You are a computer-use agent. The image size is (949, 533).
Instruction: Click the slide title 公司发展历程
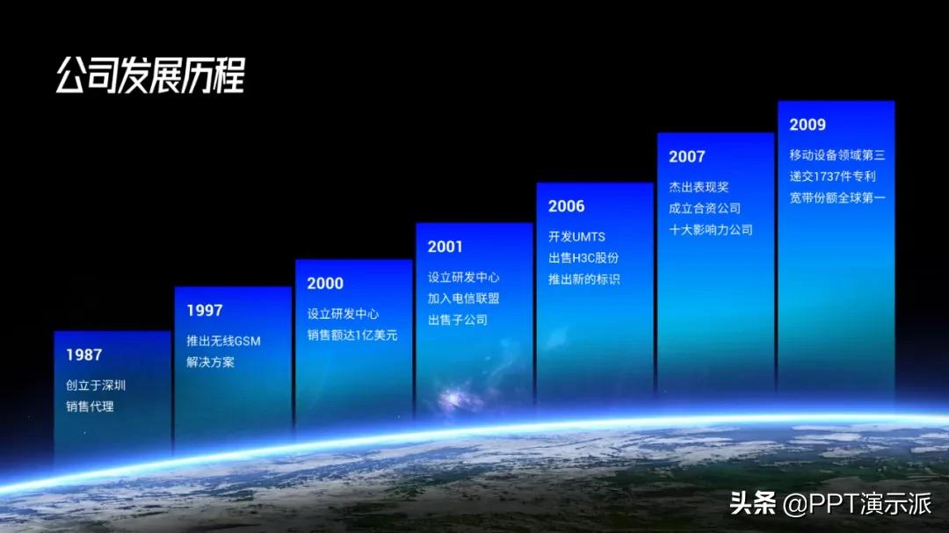[150, 76]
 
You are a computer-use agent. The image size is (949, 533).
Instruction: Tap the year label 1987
[84, 355]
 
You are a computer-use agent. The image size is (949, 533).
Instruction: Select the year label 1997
[205, 310]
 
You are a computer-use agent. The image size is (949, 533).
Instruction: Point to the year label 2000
[325, 283]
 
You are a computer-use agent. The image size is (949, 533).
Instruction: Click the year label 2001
[445, 247]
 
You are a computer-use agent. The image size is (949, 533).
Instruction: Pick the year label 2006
[567, 206]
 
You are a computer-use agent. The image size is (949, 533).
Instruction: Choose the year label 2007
[687, 156]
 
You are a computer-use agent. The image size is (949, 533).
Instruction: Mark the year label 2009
[808, 125]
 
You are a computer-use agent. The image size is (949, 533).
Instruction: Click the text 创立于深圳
[96, 385]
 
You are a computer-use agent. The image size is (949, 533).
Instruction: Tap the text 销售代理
[90, 407]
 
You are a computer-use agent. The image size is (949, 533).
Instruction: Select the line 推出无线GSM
[223, 342]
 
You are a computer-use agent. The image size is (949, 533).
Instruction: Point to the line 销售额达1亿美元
[352, 335]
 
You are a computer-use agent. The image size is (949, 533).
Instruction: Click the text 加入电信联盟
[464, 299]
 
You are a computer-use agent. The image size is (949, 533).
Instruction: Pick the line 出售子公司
[458, 320]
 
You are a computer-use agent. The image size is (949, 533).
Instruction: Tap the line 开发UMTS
[576, 236]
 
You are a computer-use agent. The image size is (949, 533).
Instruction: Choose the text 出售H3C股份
[583, 258]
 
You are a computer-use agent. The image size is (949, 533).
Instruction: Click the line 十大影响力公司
[711, 230]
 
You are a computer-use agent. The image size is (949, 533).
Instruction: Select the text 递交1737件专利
[832, 176]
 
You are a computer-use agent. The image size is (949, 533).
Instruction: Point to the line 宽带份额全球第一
[837, 198]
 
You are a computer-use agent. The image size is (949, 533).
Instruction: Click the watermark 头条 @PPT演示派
[830, 503]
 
